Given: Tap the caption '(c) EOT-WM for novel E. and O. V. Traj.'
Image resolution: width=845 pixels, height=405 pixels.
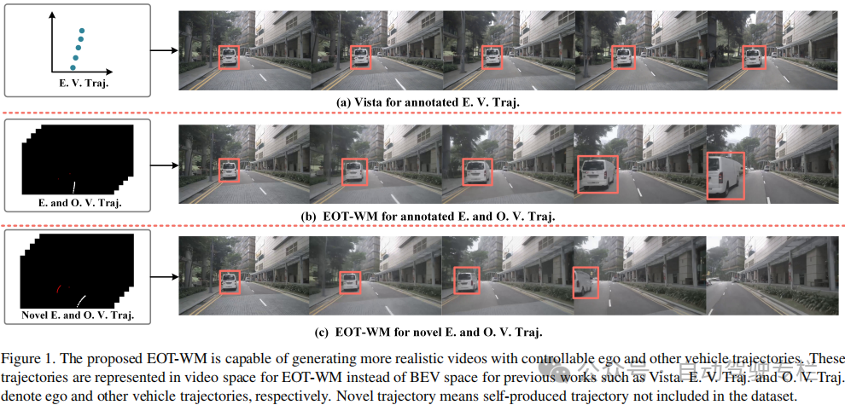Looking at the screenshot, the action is pyautogui.click(x=428, y=332).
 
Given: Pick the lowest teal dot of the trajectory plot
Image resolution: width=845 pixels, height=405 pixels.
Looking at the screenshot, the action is pyautogui.click(x=73, y=67).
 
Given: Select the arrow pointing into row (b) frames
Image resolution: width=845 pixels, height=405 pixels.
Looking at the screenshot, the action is pyautogui.click(x=165, y=165).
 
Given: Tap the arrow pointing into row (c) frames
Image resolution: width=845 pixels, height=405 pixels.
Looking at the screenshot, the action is pyautogui.click(x=165, y=278).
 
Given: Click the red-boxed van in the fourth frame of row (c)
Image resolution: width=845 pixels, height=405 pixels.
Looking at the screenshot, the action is pyautogui.click(x=586, y=282).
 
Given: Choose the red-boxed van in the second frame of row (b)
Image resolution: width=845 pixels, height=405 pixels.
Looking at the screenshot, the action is pyautogui.click(x=354, y=171).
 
